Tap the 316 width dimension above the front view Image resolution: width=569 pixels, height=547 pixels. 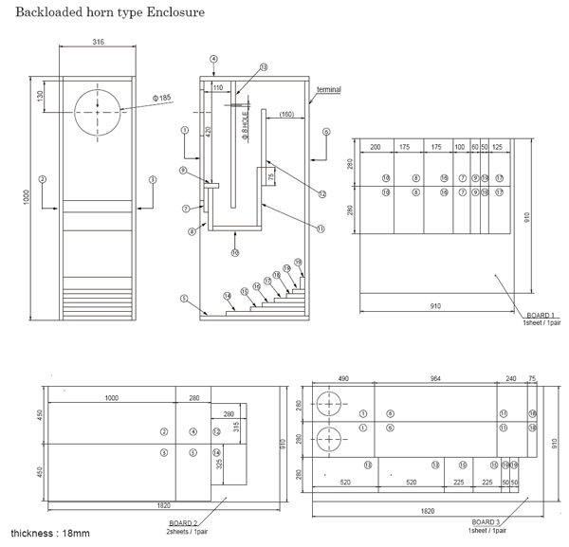pos(98,43)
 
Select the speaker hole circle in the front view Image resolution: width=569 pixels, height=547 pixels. pos(98,112)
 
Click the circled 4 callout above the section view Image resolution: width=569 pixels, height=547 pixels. pos(214,59)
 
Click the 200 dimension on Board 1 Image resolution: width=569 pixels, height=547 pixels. pos(375,148)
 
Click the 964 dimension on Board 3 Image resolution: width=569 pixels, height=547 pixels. pos(435,378)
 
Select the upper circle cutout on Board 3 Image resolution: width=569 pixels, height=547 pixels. pos(329,405)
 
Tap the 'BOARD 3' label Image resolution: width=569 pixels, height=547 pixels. pos(486,522)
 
